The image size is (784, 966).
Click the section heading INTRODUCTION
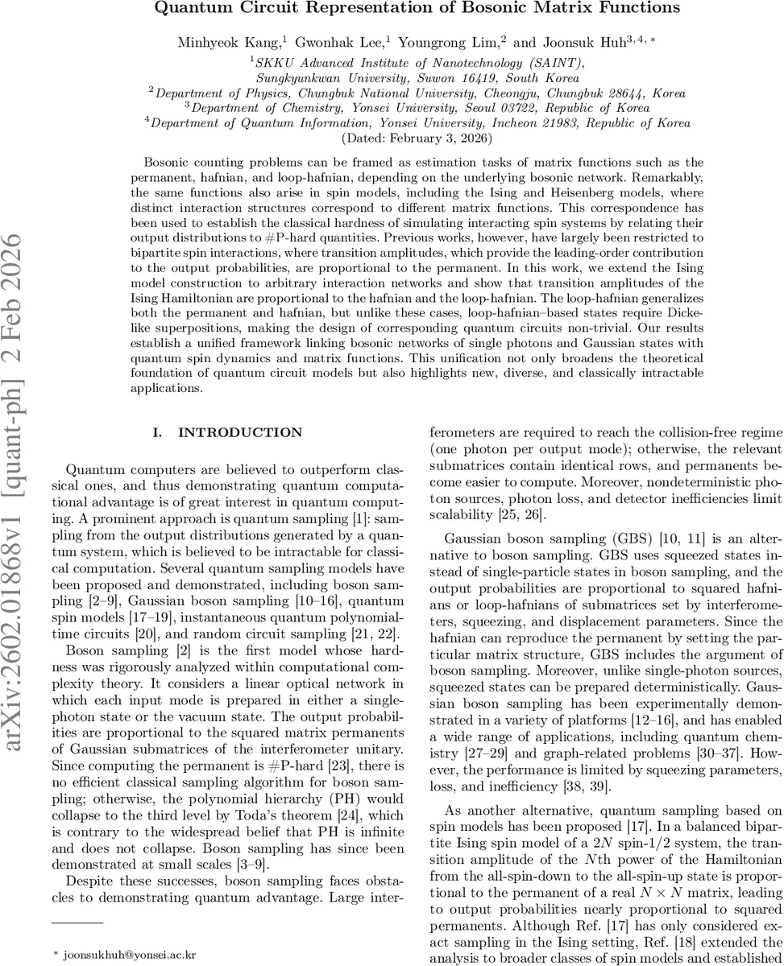pyautogui.click(x=240, y=433)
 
